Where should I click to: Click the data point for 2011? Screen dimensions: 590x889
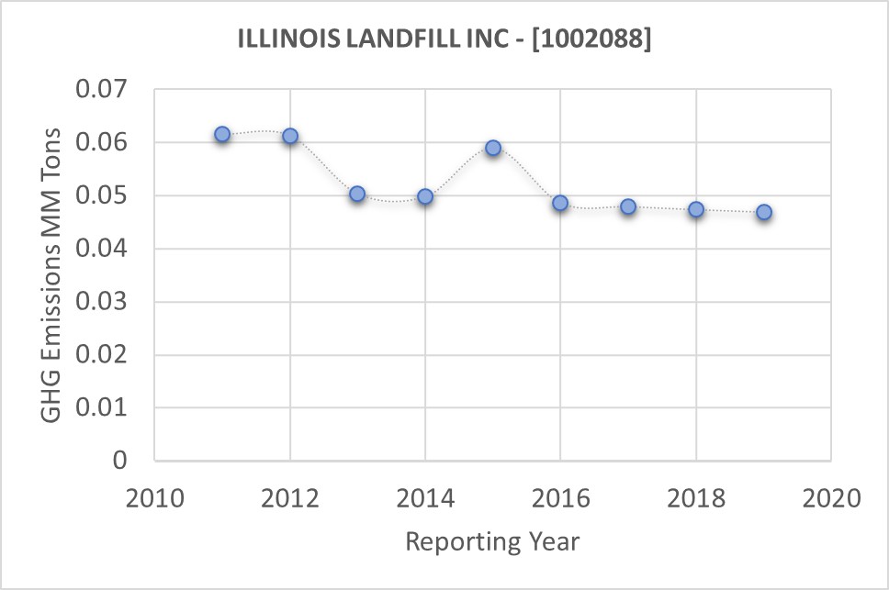coord(222,135)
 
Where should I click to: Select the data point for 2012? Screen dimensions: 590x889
coord(290,136)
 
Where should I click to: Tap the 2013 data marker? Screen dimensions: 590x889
coord(357,194)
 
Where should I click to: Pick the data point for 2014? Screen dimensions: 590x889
coord(425,196)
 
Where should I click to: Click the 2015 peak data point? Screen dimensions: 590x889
coord(493,148)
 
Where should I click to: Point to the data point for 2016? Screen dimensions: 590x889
coord(560,203)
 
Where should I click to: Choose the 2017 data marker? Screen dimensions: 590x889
coord(628,206)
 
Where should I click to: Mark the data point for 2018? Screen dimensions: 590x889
coord(696,209)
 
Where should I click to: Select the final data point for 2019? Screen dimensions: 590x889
coord(763,213)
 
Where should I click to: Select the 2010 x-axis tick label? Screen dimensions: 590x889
coord(154,499)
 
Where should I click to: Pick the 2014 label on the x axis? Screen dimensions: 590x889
coord(425,499)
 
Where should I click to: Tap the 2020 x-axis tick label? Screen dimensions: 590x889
coord(831,499)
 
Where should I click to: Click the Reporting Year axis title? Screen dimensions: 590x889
coord(492,541)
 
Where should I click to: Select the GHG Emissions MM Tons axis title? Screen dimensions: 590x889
coord(53,274)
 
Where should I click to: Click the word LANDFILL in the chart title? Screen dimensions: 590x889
coord(391,40)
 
